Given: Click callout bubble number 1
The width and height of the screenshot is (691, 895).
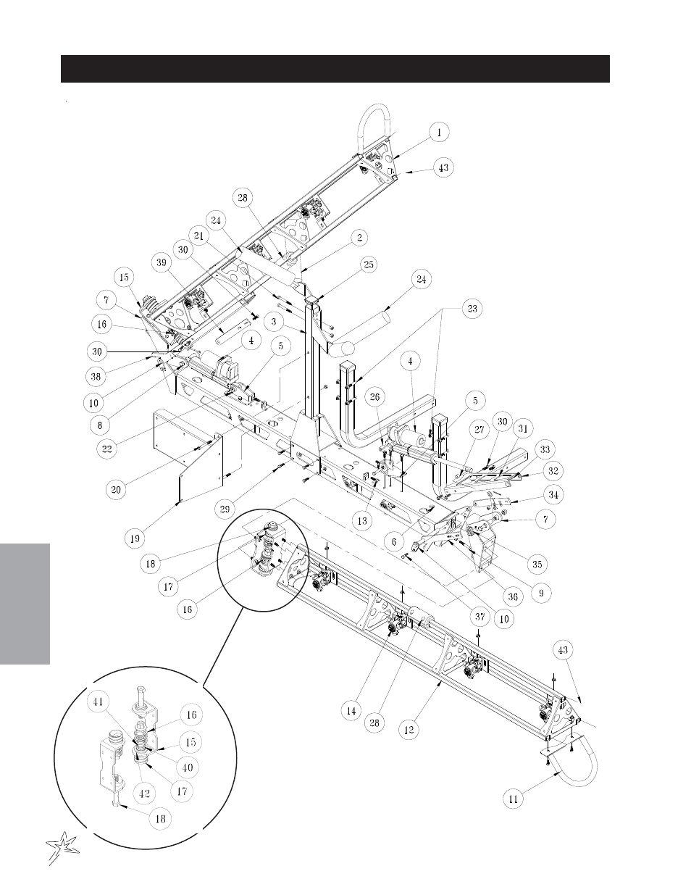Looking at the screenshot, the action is point(439,132).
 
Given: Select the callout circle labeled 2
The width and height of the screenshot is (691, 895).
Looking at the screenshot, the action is point(360,238).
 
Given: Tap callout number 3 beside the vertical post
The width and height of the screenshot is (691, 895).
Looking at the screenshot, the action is point(274,321).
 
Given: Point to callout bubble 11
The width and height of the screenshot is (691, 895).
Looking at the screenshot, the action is point(514,799).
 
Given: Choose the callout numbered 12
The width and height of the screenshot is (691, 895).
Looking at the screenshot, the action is point(409,730).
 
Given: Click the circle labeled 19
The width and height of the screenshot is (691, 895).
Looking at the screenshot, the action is point(135,538).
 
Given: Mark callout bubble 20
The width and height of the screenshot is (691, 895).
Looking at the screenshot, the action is point(116,489).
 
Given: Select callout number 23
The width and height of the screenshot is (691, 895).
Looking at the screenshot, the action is point(472,309).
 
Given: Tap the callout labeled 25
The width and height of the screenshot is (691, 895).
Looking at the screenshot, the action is point(369,264).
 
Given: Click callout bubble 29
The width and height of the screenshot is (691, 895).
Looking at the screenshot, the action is point(225,509).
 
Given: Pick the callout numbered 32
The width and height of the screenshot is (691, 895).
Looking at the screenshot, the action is point(553,471).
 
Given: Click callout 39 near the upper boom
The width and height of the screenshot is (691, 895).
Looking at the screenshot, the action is point(162,262).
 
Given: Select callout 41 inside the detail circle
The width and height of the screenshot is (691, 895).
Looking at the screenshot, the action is point(98,702).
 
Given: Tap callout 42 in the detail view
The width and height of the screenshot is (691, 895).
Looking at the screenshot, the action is point(144,794).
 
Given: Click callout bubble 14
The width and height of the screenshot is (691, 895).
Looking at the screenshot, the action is point(351,710).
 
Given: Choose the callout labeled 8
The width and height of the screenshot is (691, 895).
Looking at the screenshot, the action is point(100,425).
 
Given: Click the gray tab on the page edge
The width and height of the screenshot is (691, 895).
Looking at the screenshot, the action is point(25,604).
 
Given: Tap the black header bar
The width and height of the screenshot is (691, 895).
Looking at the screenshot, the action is point(335,69).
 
